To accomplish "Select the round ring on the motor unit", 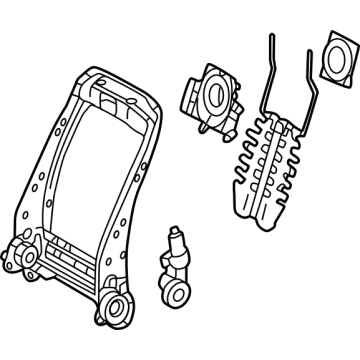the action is (216, 98).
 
